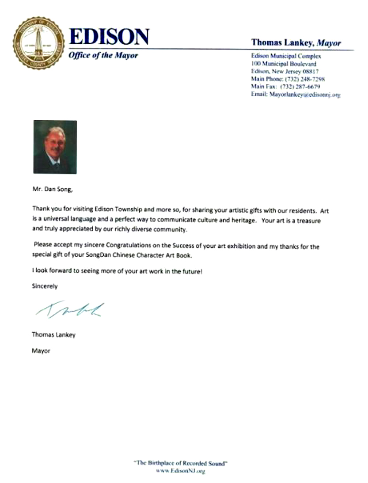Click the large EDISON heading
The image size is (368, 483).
(x=108, y=38)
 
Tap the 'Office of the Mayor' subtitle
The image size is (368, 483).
(x=103, y=56)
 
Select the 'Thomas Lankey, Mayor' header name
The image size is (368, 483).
(x=296, y=43)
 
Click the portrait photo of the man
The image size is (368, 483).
(x=55, y=147)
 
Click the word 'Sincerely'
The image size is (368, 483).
(x=45, y=286)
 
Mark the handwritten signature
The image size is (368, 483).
(x=70, y=309)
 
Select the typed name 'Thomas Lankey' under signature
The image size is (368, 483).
(x=53, y=335)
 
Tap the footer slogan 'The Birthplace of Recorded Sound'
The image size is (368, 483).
(x=180, y=463)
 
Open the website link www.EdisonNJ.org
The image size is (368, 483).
(x=181, y=471)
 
